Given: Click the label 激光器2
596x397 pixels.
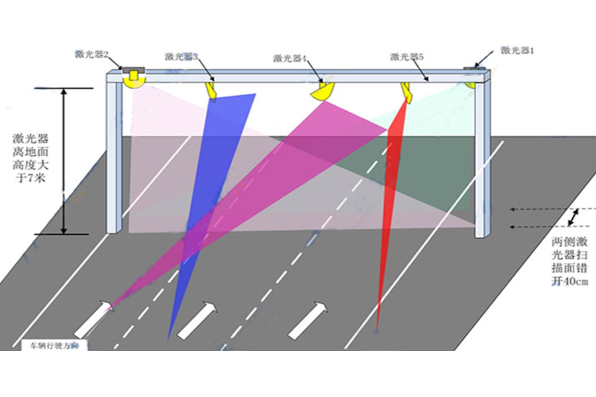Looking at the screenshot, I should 92,54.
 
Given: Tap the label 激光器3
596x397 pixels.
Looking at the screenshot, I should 182,57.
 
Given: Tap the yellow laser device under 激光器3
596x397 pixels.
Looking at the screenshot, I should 212,89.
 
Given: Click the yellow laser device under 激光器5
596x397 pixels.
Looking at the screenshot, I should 406,92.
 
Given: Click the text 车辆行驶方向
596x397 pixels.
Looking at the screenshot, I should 54,345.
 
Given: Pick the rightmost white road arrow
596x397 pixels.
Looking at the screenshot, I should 309,319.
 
